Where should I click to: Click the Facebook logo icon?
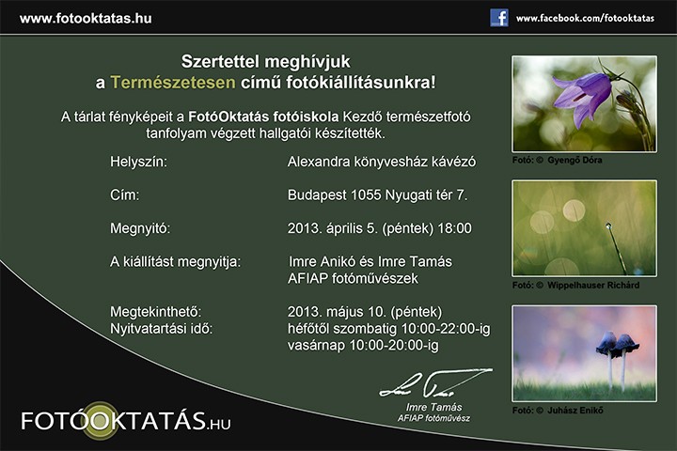tap(499, 18)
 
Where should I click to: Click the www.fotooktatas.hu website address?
tap(86, 19)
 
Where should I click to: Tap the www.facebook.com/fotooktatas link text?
tap(585, 18)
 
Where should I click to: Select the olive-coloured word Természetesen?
tap(173, 82)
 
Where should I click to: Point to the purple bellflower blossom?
tap(582, 97)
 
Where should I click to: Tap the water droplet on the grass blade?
tap(608, 225)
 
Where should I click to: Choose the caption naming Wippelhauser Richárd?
tap(576, 286)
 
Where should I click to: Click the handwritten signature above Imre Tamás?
tap(435, 383)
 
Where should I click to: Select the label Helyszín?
tap(138, 162)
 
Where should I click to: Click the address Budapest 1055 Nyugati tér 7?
tap(378, 195)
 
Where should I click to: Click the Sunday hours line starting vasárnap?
tap(363, 345)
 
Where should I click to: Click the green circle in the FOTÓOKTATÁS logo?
tap(100, 421)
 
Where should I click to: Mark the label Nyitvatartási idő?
tap(162, 329)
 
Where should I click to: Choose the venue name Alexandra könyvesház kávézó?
tap(382, 162)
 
